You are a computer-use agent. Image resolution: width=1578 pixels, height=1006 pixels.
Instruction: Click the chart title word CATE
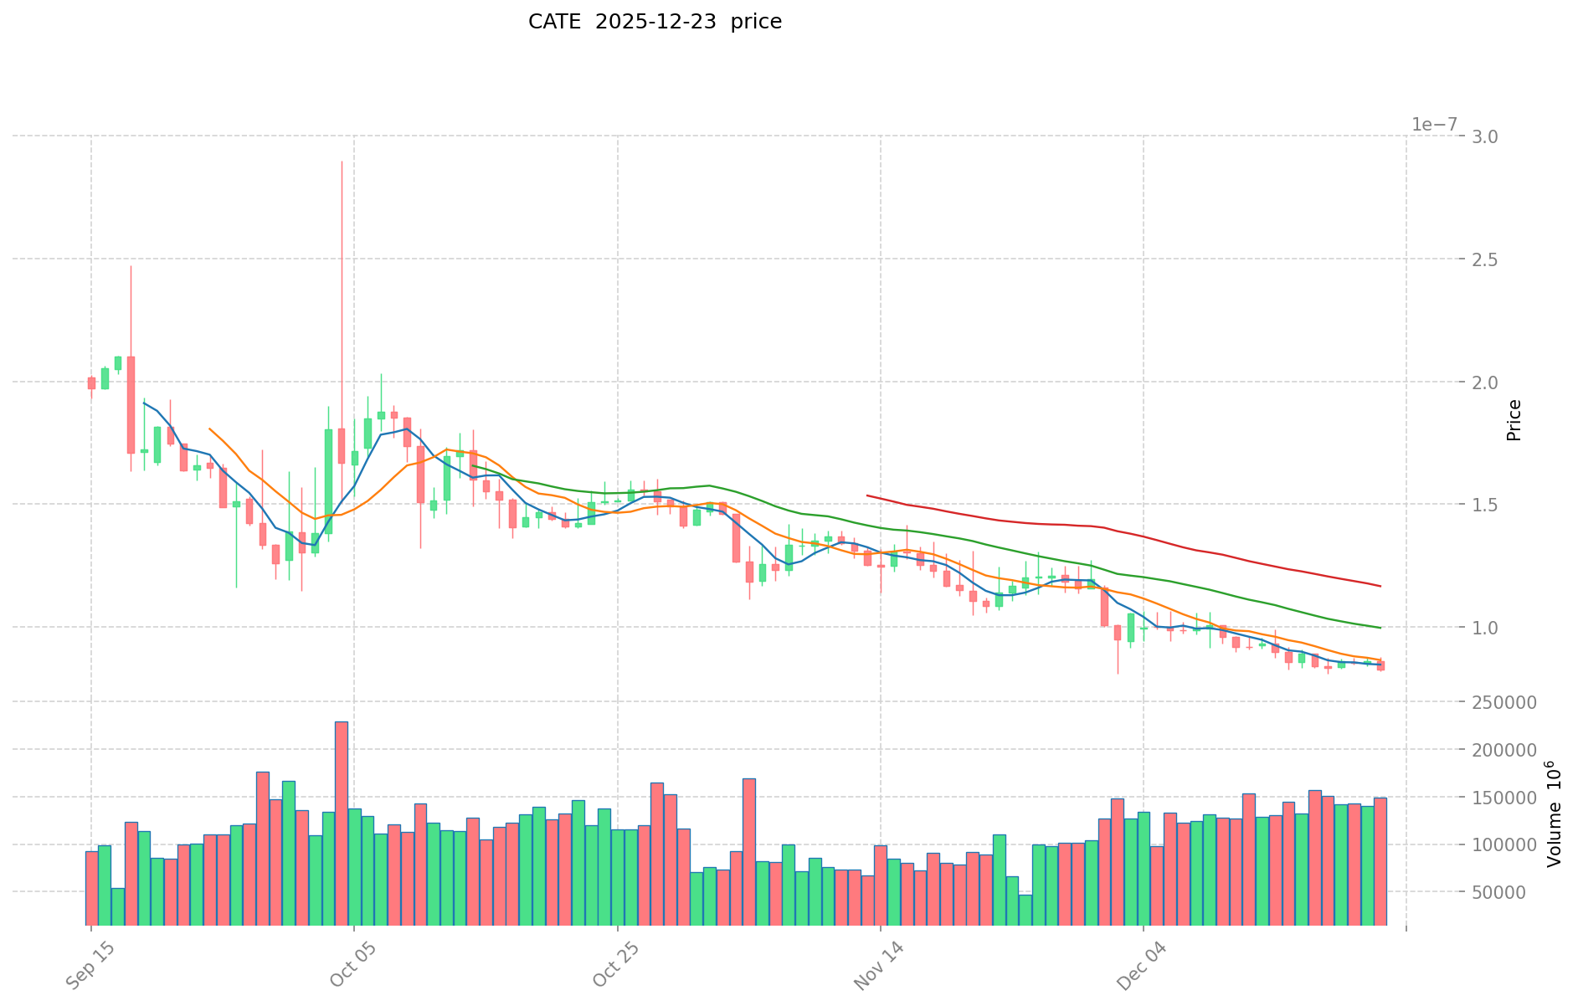554,22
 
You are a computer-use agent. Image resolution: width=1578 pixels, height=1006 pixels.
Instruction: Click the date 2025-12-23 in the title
655,22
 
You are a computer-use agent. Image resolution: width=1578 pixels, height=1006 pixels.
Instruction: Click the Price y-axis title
1514,420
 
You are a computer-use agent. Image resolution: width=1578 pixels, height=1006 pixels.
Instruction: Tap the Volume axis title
1554,814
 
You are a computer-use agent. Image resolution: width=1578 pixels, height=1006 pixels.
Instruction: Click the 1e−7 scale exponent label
1434,125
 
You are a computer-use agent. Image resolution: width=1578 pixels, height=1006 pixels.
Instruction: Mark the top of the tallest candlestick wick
342,162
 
